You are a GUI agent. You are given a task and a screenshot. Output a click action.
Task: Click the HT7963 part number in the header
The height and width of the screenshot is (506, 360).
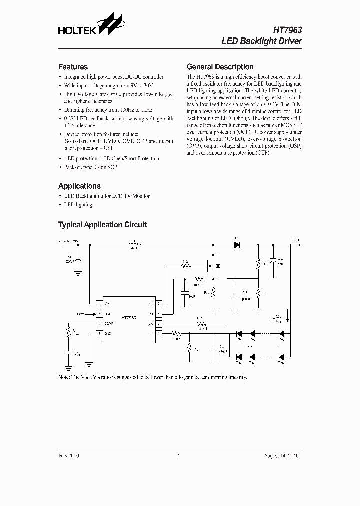coord(286,30)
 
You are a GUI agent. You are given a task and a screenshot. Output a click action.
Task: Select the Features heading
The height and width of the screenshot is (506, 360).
coord(73,67)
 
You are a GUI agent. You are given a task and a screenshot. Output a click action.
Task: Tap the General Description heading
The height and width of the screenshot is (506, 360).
coord(220,67)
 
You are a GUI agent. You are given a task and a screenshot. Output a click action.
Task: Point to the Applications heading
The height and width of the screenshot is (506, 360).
coord(79,186)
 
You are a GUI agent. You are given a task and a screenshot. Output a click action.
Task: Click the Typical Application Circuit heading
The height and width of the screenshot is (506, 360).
coord(102,225)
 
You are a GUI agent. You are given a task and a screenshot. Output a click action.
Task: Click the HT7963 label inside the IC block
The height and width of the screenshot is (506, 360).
coord(129,318)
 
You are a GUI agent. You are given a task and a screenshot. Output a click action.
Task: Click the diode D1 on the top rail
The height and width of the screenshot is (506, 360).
coord(237,244)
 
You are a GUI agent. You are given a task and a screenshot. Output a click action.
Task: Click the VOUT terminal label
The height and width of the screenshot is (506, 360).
coord(296,241)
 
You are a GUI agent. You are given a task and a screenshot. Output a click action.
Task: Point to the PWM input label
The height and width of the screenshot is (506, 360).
coord(80,314)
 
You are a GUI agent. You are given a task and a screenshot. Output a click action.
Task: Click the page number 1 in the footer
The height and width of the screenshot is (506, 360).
coord(178,456)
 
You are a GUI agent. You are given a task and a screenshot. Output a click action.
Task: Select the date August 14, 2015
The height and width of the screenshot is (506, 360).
coord(282,456)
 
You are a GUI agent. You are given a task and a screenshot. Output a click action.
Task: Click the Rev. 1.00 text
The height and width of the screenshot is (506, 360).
coord(69,456)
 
